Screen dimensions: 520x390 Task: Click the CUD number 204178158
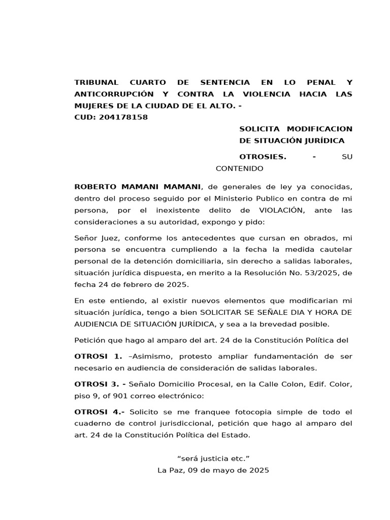(124, 117)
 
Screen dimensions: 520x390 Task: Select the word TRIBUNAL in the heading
(96, 82)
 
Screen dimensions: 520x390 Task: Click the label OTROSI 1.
(99, 356)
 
